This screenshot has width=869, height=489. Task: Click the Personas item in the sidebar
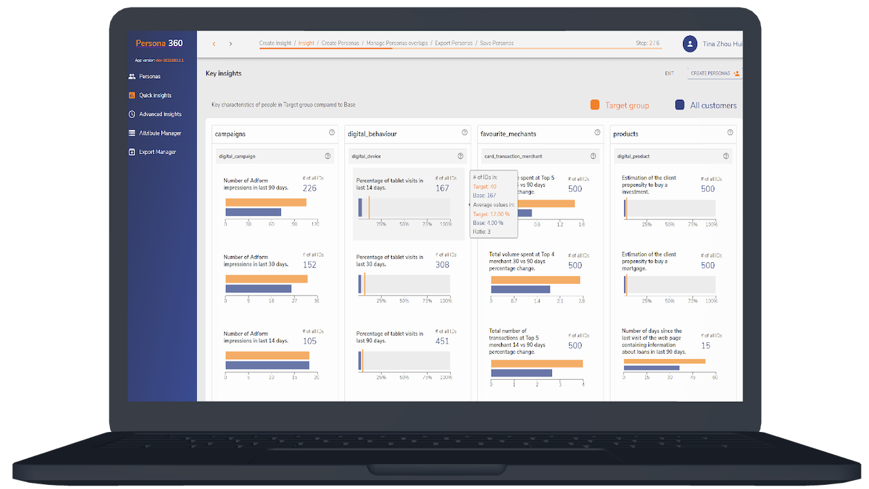[x=149, y=77]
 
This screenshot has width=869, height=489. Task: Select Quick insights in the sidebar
[x=155, y=96]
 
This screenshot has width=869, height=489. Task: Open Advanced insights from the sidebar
[x=160, y=114]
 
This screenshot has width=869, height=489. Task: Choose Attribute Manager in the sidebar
[x=160, y=133]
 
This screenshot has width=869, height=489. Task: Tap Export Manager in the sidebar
[x=157, y=152]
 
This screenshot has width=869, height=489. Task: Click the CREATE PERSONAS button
[x=714, y=73]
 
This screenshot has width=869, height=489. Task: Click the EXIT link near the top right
[x=669, y=73]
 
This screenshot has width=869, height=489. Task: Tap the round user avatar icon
[x=690, y=44]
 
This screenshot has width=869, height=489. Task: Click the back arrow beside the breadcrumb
[x=214, y=44]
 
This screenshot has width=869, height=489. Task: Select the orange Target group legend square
[x=595, y=105]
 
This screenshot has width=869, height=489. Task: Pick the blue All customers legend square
[x=680, y=105]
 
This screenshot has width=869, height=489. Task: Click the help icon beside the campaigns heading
[x=332, y=133]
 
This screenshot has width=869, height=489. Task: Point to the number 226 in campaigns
[x=310, y=189]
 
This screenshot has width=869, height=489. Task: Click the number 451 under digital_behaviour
[x=442, y=342]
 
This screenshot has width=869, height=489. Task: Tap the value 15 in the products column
[x=706, y=346]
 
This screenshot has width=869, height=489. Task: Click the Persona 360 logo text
[x=159, y=43]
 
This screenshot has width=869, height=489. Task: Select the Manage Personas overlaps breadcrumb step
[x=397, y=43]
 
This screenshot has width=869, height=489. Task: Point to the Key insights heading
[x=223, y=73]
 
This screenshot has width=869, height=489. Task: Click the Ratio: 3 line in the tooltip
[x=482, y=232]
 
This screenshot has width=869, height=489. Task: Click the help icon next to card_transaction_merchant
[x=593, y=156]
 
